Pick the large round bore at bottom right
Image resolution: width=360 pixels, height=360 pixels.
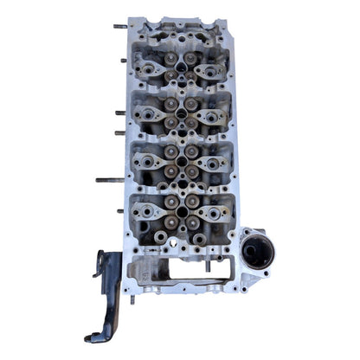pyautogui.click(x=259, y=253)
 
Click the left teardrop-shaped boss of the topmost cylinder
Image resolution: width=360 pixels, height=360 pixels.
pyautogui.click(x=149, y=67)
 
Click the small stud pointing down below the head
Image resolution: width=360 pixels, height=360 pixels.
pyautogui.click(x=132, y=299)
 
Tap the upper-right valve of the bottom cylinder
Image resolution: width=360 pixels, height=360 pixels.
pyautogui.click(x=192, y=201)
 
